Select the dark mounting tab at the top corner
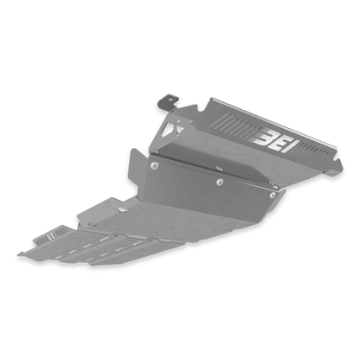pos(168,101)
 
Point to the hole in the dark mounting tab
pos(170,100)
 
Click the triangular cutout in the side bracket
pos(169,129)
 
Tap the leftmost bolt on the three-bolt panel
pos(155,165)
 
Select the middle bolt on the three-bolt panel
pos(220,182)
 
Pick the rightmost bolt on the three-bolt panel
pos(273,196)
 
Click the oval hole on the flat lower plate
pos(122,210)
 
